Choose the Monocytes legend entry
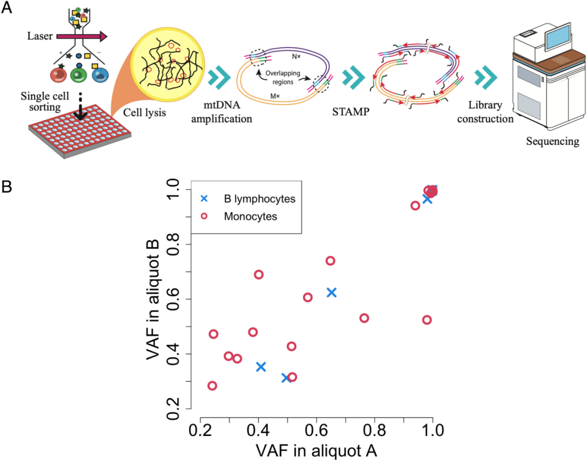coord(251,217)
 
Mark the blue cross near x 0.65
coord(331,293)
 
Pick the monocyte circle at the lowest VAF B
coord(213,386)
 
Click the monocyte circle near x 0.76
coord(364,318)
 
